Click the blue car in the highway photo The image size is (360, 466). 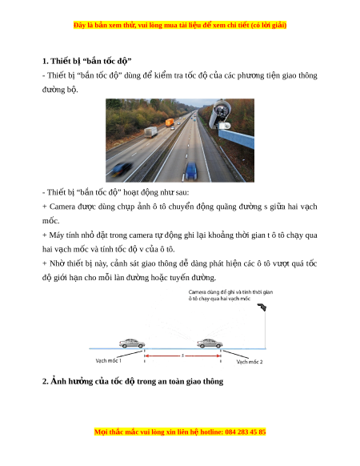[191, 171]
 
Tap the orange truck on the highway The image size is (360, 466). [170, 123]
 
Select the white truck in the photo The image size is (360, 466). [151, 132]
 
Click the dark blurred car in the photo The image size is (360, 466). [122, 169]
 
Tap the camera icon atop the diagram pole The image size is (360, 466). [262, 307]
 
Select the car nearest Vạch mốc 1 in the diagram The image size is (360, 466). [132, 343]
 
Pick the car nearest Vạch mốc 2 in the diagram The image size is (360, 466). [210, 343]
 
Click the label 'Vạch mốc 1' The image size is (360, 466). [108, 360]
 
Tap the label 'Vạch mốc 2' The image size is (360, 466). [250, 362]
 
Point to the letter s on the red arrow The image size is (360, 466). [182, 356]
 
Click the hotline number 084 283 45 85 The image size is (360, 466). [246, 432]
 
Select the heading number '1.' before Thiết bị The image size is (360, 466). [45, 61]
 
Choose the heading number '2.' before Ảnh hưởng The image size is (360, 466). [45, 381]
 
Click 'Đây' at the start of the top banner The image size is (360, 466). [79, 25]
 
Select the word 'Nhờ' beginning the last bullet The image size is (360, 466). [54, 263]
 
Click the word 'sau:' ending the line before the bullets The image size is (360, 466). [182, 193]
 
